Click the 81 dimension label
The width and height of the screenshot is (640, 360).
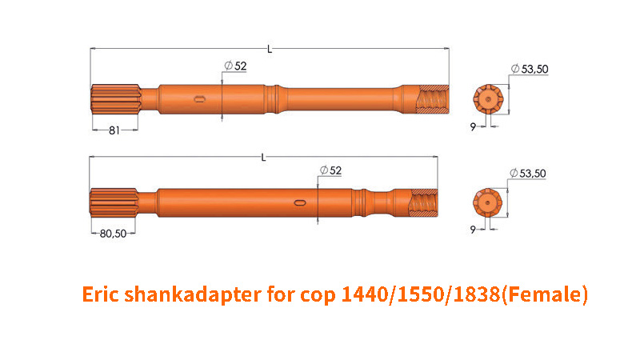(x=114, y=130)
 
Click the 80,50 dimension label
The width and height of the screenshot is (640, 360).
(x=113, y=234)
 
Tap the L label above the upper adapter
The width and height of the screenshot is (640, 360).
(x=270, y=50)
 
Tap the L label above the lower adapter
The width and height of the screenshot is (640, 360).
(x=263, y=158)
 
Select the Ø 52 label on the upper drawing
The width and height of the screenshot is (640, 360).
(x=236, y=66)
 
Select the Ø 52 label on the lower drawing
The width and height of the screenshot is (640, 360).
(x=330, y=170)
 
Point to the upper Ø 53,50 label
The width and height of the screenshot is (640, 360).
(x=530, y=69)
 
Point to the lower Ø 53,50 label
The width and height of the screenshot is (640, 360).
(x=528, y=173)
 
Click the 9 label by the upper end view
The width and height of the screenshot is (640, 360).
(x=473, y=127)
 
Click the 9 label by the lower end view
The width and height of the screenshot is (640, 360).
(x=473, y=230)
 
